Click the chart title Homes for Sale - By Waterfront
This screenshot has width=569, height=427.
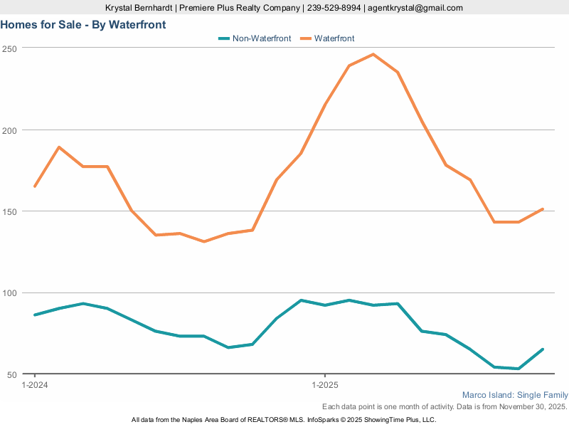(83, 25)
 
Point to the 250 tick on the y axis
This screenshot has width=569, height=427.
(9, 48)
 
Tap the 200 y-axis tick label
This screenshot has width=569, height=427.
(9, 130)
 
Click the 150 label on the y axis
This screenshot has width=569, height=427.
(9, 211)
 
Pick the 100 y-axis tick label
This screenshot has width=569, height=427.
(9, 293)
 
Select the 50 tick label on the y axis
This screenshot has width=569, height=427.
(11, 374)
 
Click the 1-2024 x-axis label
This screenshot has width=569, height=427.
(35, 385)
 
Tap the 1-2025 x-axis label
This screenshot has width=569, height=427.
(325, 385)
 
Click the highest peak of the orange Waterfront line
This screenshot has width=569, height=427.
(373, 54)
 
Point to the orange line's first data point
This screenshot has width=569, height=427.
(35, 186)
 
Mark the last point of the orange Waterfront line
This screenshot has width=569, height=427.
(543, 209)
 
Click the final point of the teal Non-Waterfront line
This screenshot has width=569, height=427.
(543, 349)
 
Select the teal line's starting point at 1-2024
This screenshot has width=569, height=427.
(35, 315)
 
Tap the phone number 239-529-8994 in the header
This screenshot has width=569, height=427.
(334, 8)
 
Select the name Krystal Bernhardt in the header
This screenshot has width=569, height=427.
(139, 8)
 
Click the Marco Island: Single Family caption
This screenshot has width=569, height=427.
(515, 395)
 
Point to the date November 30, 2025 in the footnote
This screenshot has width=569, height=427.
(530, 406)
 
